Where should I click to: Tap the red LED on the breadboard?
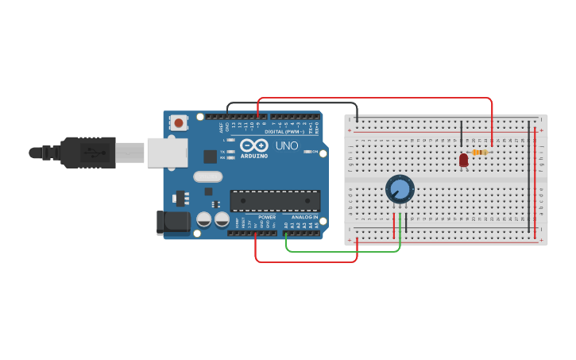pyautogui.click(x=464, y=160)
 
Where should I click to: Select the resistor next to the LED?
pyautogui.click(x=479, y=152)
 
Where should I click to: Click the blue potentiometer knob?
pyautogui.click(x=400, y=189)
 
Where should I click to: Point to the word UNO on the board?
pyautogui.click(x=286, y=146)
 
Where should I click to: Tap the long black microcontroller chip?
pyautogui.click(x=275, y=201)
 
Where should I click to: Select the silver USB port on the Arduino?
pyautogui.click(x=167, y=153)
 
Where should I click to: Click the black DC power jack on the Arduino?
pyautogui.click(x=175, y=223)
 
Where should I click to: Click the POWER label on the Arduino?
pyautogui.click(x=267, y=217)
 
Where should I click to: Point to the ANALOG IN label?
pyautogui.click(x=304, y=217)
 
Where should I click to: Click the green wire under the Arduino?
pyautogui.click(x=342, y=252)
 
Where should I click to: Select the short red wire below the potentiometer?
pyautogui.click(x=394, y=225)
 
